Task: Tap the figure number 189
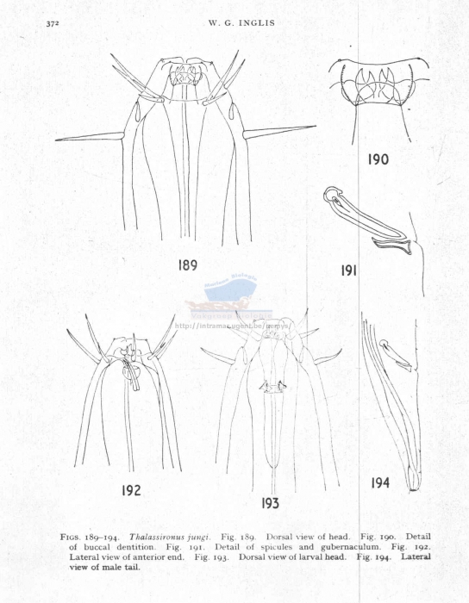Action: click(188, 265)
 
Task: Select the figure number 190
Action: click(378, 159)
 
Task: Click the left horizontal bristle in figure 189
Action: click(91, 136)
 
